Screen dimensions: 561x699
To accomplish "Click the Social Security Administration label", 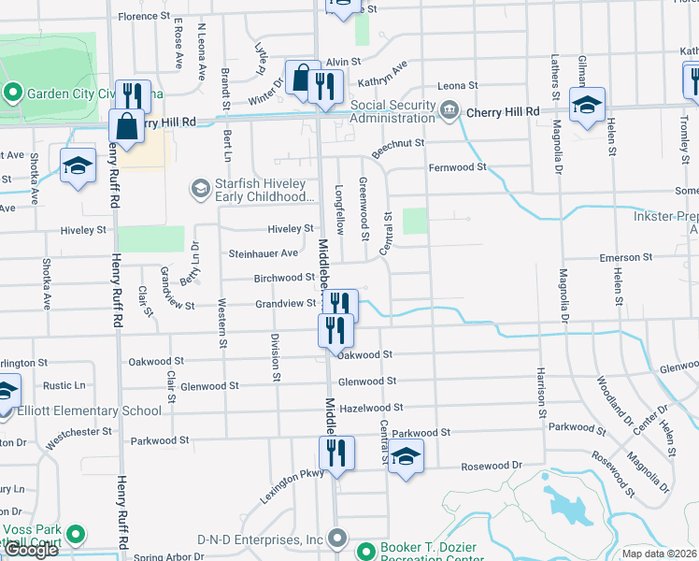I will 392,112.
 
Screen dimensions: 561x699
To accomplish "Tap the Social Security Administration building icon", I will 450,111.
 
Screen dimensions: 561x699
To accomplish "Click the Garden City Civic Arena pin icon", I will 12,93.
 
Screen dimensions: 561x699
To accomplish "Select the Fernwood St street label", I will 458,167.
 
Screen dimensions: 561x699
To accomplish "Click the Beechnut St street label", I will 398,143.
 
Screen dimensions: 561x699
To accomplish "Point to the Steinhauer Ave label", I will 264,253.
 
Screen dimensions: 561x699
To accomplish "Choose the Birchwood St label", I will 284,278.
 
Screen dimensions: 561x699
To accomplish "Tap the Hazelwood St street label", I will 371,408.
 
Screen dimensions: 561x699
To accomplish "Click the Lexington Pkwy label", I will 292,486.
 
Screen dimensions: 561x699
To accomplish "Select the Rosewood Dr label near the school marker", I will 491,466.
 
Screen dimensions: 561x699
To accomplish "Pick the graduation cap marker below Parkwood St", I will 406,456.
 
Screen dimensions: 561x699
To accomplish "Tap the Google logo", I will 31,550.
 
